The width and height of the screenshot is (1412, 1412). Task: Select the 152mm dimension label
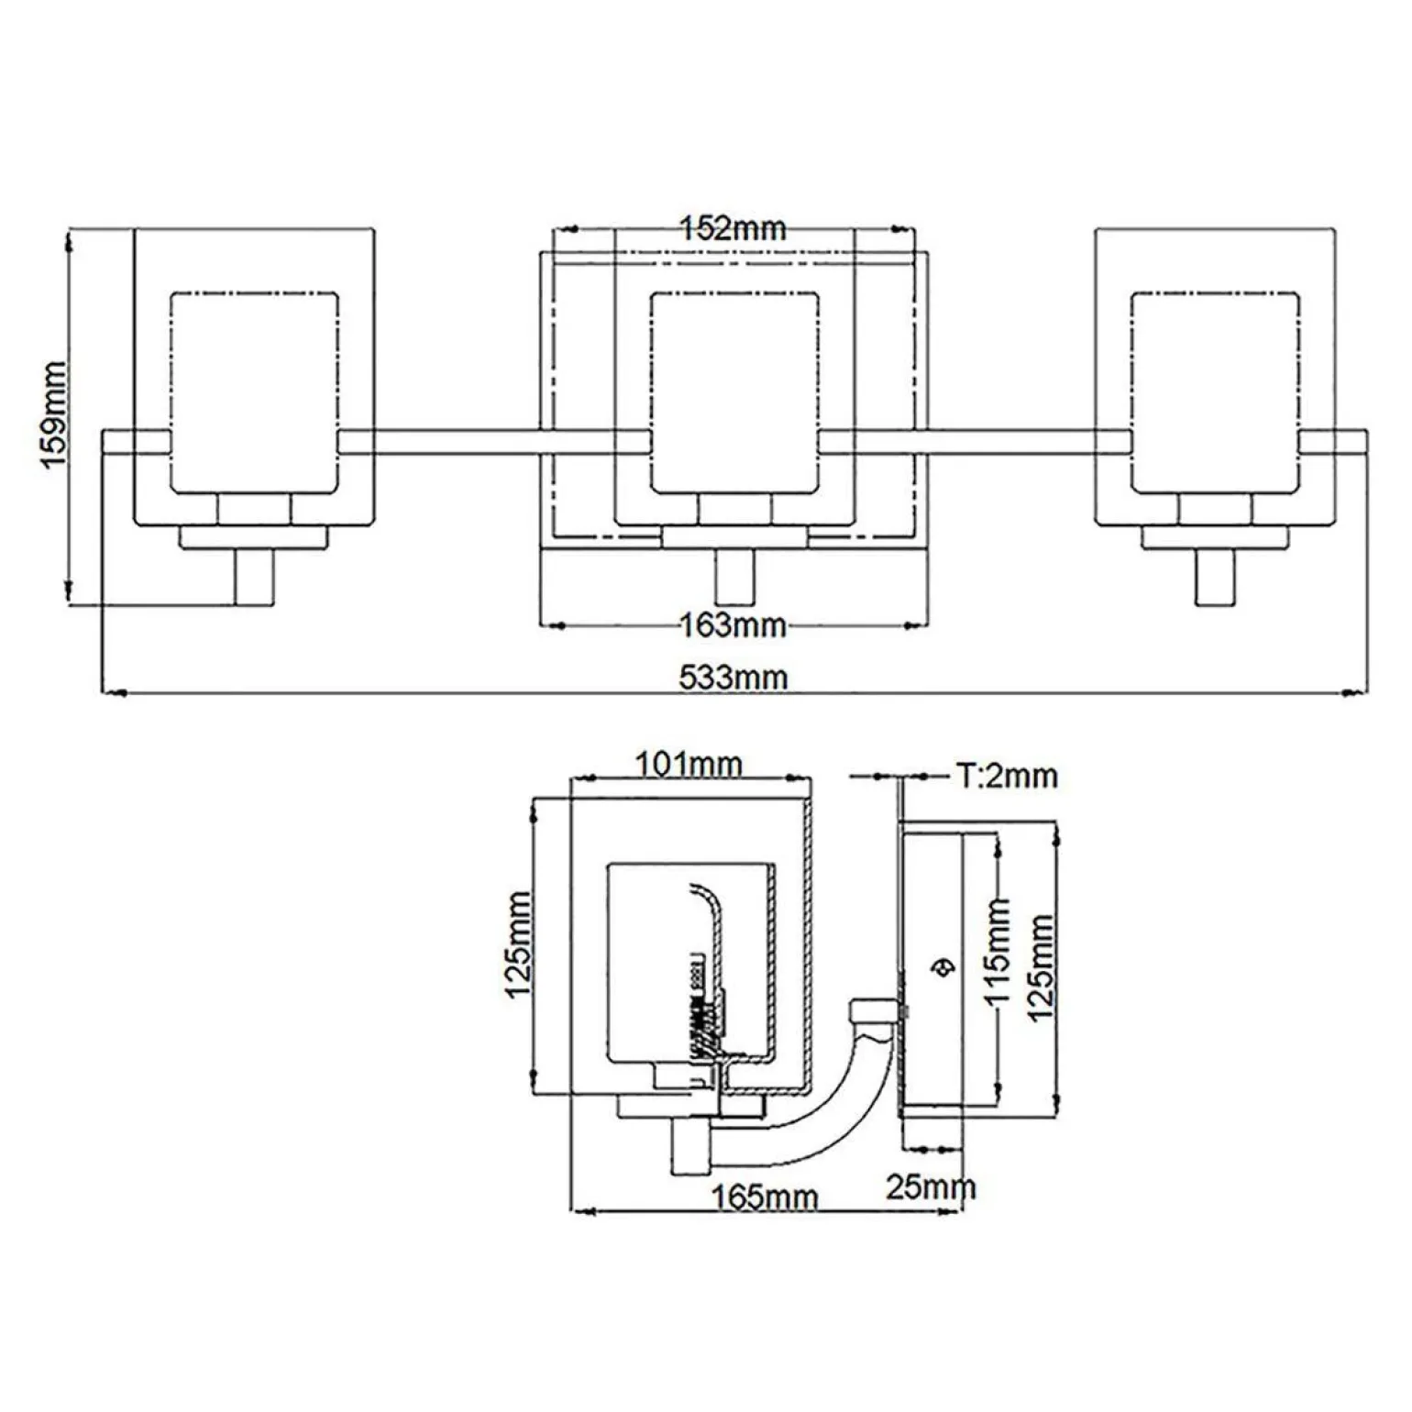point(733,228)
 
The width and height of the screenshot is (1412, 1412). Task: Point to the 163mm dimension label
point(733,625)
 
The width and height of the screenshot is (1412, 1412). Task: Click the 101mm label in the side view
point(689,763)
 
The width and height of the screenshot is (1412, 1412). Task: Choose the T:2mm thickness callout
point(1007,776)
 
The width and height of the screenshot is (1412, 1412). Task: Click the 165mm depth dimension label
point(764,1196)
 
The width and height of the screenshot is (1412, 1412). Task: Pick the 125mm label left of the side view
point(519,944)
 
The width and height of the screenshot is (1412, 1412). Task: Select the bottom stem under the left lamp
point(254,578)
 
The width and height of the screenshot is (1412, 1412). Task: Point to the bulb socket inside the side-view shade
point(706,1009)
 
